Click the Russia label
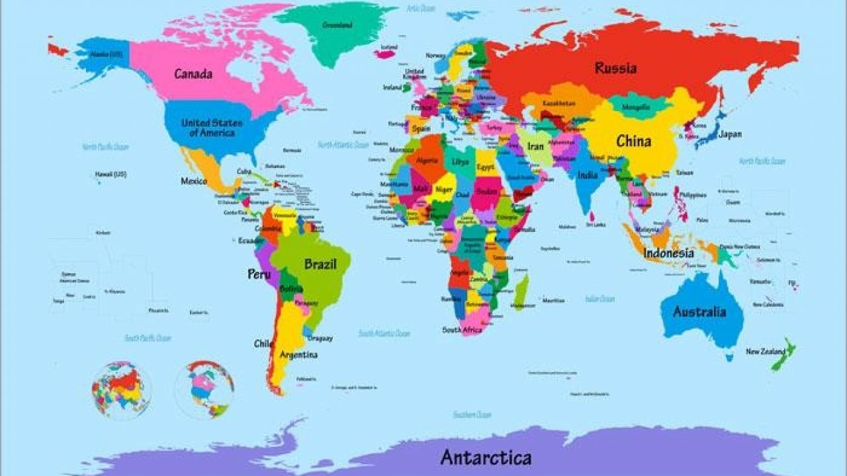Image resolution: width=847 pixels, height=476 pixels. [615, 68]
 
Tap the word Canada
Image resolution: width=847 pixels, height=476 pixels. [193, 73]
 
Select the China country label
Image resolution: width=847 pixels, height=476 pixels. [633, 141]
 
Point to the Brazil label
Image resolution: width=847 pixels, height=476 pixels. [320, 264]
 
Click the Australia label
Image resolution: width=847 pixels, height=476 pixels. [699, 312]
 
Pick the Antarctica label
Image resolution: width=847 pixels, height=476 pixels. [486, 457]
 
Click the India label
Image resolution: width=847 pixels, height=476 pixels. [587, 175]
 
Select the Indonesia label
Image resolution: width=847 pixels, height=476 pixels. [669, 253]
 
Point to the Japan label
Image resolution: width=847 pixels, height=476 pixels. [730, 134]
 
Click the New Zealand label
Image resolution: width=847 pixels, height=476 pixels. [766, 352]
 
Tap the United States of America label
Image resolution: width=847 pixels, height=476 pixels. [212, 128]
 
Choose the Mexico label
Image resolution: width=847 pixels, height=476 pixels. [194, 180]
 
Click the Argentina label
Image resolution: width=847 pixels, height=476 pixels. [298, 355]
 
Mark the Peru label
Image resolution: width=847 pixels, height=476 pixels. [259, 274]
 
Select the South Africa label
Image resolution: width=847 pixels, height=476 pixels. [461, 329]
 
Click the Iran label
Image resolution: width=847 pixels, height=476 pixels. [535, 145]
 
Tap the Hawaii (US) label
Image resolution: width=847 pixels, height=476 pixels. [111, 175]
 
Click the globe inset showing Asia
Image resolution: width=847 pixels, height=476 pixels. [122, 390]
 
